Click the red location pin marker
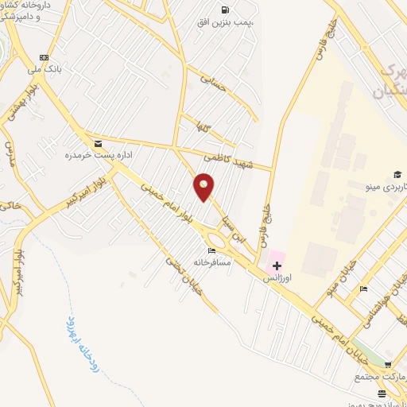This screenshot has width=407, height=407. click(x=204, y=186)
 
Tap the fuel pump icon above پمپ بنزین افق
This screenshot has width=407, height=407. click(x=225, y=10)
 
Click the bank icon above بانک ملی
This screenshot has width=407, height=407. click(x=44, y=57)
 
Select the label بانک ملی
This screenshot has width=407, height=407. click(x=44, y=69)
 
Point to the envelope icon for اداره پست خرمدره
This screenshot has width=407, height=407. click(x=98, y=143)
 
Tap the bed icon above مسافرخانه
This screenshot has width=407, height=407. click(x=211, y=250)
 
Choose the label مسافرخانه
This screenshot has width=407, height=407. click(x=211, y=262)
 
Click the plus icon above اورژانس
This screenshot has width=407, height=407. click(x=276, y=266)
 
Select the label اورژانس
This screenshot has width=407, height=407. click(x=282, y=277)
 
